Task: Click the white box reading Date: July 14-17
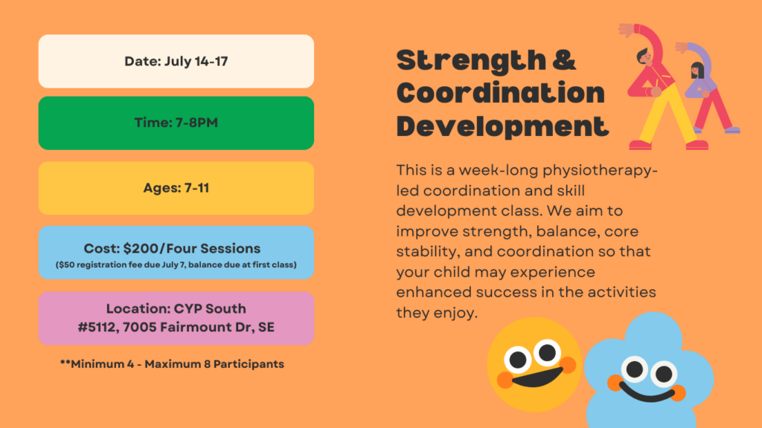click(176, 61)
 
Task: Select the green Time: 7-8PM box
click(176, 123)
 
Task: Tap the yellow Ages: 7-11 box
click(176, 188)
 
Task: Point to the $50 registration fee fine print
click(176, 265)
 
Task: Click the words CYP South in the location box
click(210, 308)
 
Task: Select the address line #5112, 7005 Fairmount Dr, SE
click(176, 327)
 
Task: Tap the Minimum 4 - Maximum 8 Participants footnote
click(172, 364)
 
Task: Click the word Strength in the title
click(471, 61)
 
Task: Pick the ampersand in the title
click(564, 59)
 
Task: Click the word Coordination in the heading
click(501, 92)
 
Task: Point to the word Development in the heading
click(502, 127)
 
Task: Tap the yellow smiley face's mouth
click(537, 377)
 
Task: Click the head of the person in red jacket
click(644, 56)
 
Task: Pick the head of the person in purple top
click(697, 71)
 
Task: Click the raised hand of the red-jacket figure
click(626, 30)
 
